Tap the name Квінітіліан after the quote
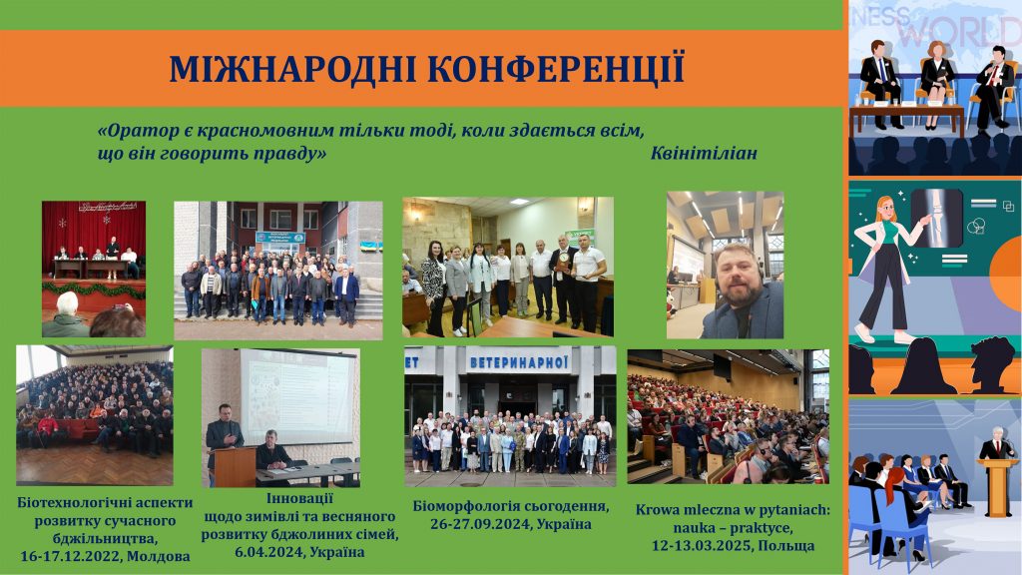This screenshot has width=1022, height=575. point(704,153)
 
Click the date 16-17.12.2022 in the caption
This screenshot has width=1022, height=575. point(70,557)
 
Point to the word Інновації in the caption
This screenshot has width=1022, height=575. point(299,499)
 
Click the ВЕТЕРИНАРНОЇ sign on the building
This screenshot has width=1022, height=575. point(519,362)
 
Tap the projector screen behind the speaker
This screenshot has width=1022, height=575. point(297,396)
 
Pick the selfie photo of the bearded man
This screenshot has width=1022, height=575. point(725,265)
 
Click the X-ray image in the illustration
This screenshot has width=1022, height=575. point(936,218)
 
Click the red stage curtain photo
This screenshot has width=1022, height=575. point(94,269)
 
